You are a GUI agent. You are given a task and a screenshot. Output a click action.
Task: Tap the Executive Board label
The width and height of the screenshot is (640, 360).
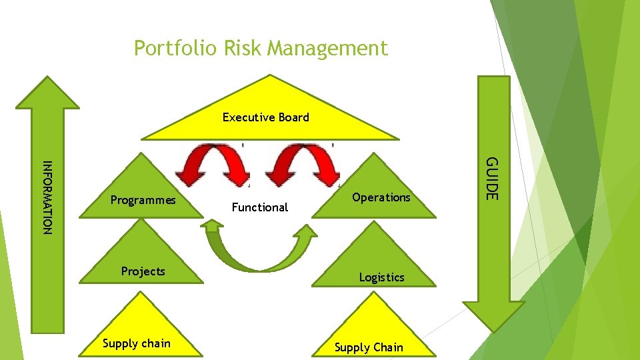(265, 117)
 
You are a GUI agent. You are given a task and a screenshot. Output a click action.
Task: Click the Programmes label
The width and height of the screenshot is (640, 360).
(143, 200)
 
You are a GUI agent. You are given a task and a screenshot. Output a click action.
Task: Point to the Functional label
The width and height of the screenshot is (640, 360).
(259, 207)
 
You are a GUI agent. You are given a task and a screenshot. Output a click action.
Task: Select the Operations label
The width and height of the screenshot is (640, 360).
(381, 197)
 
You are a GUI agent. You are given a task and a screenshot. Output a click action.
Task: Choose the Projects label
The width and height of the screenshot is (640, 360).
(143, 271)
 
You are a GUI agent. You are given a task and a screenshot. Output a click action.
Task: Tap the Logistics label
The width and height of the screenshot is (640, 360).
(381, 277)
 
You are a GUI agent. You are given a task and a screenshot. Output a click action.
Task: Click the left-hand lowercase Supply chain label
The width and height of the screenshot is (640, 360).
(137, 343)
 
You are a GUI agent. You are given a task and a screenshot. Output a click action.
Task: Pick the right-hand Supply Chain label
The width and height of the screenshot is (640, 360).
(369, 347)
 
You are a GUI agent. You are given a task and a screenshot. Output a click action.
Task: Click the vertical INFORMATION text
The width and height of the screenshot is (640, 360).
(47, 198)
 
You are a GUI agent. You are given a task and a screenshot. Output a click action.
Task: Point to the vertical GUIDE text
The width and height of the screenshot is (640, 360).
(491, 178)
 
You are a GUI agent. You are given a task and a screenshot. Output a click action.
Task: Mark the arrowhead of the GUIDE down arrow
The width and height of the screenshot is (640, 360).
(494, 313)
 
